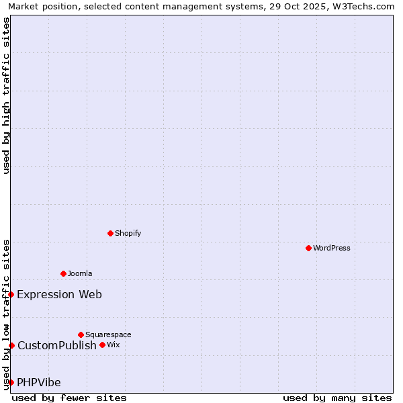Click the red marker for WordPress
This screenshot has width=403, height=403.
(x=308, y=248)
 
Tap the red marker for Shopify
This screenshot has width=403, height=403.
(x=110, y=233)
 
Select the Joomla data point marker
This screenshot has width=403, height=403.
(x=63, y=273)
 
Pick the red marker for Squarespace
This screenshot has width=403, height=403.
(x=81, y=334)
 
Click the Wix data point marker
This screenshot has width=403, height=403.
(x=102, y=345)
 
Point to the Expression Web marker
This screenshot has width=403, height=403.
(x=11, y=294)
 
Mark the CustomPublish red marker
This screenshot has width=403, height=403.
(x=11, y=345)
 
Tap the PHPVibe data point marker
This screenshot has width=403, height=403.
(x=11, y=382)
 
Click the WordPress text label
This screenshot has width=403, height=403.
(x=332, y=248)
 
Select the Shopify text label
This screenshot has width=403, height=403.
(x=128, y=233)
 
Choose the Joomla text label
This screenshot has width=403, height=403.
(x=80, y=273)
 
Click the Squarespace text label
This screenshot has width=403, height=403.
(x=108, y=334)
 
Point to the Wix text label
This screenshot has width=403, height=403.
(x=114, y=345)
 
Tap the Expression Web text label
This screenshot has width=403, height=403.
(x=60, y=294)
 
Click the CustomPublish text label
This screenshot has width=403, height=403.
(x=57, y=345)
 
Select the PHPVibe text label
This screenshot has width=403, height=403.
(x=39, y=382)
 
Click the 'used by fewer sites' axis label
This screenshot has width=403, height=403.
(x=69, y=398)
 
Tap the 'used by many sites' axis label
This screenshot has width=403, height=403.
(x=337, y=398)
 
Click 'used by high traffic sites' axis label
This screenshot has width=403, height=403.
(x=6, y=95)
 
